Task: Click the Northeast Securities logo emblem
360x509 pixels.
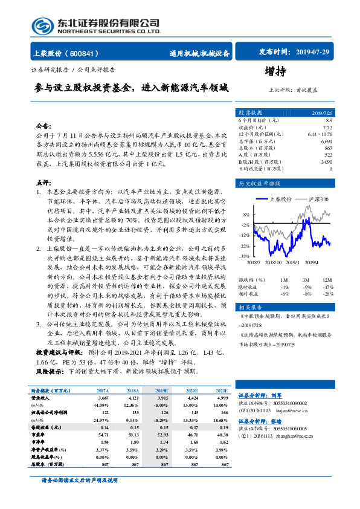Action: click(43, 25)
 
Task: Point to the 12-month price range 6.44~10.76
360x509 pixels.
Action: click(320, 134)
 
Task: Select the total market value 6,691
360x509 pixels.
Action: click(326, 141)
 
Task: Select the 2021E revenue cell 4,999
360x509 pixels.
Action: click(222, 399)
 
